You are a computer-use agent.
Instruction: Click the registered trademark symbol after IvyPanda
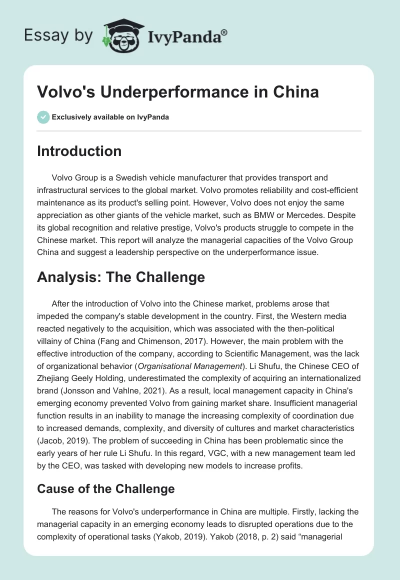pyautogui.click(x=224, y=32)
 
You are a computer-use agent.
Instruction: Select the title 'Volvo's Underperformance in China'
pyautogui.click(x=178, y=92)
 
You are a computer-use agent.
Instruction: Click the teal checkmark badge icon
pyautogui.click(x=43, y=117)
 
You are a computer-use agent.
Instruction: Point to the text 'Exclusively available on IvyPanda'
pyautogui.click(x=110, y=117)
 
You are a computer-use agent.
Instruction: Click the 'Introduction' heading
pyautogui.click(x=79, y=151)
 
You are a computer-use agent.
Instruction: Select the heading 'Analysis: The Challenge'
pyautogui.click(x=121, y=277)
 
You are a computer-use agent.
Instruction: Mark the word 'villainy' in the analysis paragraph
pyautogui.click(x=52, y=342)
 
